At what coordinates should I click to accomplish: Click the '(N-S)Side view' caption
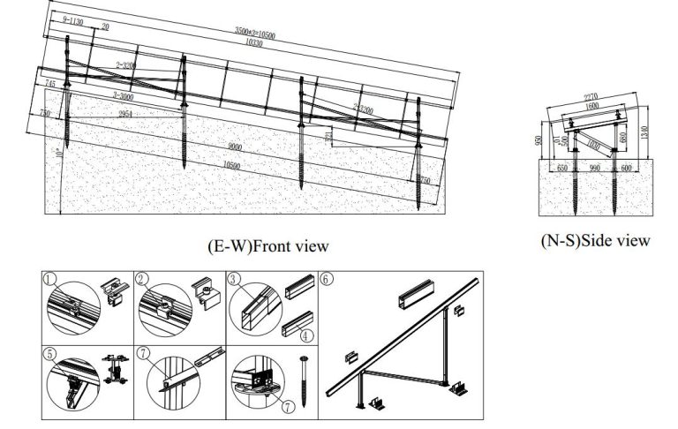tap(596, 239)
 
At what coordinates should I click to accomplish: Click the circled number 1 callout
tap(50, 280)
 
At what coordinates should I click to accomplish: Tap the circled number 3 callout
tap(235, 280)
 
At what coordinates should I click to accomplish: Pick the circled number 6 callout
tap(327, 280)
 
